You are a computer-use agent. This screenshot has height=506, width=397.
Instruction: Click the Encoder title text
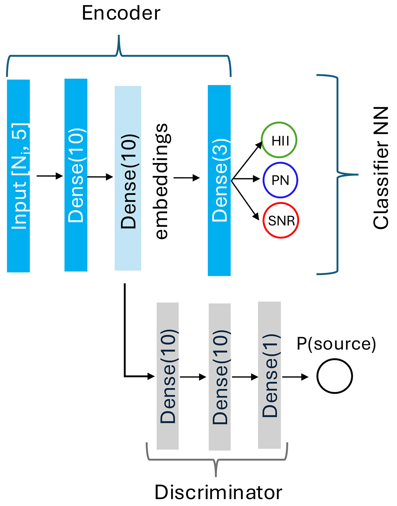tap(121, 14)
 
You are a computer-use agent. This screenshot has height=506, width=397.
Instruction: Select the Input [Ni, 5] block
tap(19, 176)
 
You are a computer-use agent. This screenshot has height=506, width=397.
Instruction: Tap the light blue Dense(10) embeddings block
tap(128, 178)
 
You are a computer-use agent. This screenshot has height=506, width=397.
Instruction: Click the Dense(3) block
tap(219, 180)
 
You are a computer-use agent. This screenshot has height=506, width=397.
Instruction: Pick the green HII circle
tap(279, 140)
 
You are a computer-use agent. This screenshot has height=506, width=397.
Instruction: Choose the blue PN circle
tap(281, 180)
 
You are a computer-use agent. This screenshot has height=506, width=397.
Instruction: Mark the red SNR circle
tap(281, 220)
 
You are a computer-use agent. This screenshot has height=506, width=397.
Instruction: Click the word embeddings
tap(162, 181)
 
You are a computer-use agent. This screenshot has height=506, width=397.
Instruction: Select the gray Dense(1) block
tap(269, 375)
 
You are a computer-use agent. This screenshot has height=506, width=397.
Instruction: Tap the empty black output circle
tap(334, 376)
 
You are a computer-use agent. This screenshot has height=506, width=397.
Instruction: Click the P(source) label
tap(336, 344)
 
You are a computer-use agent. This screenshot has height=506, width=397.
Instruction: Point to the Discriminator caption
tap(218, 492)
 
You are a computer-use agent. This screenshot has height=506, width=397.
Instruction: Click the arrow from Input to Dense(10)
tap(50, 176)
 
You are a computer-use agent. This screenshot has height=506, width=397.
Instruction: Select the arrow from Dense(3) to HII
tap(247, 161)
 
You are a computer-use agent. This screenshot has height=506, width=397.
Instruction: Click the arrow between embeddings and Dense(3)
tap(187, 178)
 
